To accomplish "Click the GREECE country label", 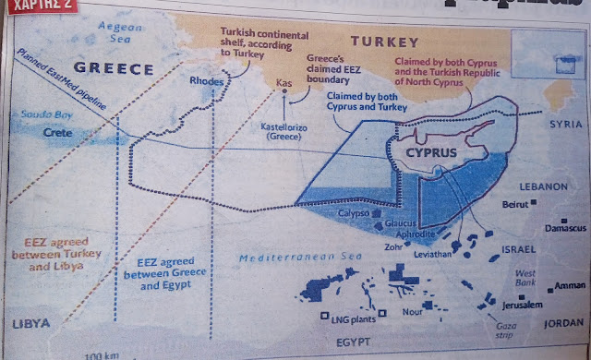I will (114, 69).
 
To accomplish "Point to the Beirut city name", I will (513, 203).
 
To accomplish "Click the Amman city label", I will (568, 286).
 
